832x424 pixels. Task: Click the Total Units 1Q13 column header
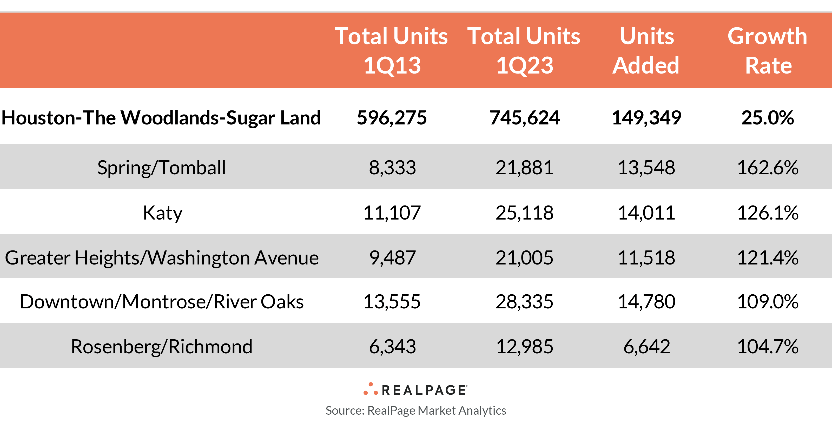point(392,50)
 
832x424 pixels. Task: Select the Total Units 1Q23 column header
point(524,50)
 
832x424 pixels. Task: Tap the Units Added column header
point(646,50)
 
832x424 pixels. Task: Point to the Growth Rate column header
point(768,50)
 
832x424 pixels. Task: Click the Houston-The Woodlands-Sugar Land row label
point(161,117)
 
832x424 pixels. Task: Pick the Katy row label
point(162,213)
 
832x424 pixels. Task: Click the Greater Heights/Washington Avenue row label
point(162,258)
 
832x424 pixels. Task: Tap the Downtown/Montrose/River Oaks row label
point(162,302)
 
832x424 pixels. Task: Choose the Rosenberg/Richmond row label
point(162,347)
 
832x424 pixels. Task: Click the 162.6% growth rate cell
point(768,168)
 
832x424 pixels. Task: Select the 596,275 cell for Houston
point(392,117)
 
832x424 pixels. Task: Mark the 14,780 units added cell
point(646,302)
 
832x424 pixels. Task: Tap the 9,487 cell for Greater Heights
point(392,258)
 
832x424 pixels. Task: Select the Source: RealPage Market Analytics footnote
point(416,410)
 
